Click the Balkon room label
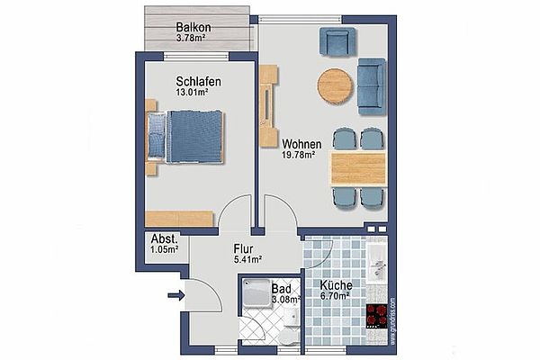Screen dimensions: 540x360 point(193,27)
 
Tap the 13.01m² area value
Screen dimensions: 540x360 point(192,93)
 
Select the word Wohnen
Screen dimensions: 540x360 point(301,144)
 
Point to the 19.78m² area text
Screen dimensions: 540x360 point(299,155)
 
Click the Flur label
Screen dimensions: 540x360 point(243,248)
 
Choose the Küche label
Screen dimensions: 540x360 point(336,285)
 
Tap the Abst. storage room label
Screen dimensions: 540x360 point(165,238)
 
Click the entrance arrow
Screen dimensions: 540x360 point(176,295)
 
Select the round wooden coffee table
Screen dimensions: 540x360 point(335,86)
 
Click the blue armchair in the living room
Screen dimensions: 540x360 point(337,41)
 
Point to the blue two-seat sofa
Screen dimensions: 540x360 point(372,86)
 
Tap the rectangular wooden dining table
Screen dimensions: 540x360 point(358,168)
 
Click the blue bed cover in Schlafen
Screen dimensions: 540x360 point(195,137)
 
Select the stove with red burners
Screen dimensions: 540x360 point(377,316)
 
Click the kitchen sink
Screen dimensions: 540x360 point(377,263)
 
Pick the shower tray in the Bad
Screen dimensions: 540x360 point(256,293)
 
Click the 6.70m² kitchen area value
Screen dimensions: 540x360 point(335,295)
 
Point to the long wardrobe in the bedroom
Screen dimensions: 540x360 point(179,219)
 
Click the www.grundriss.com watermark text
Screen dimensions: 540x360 point(393,321)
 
